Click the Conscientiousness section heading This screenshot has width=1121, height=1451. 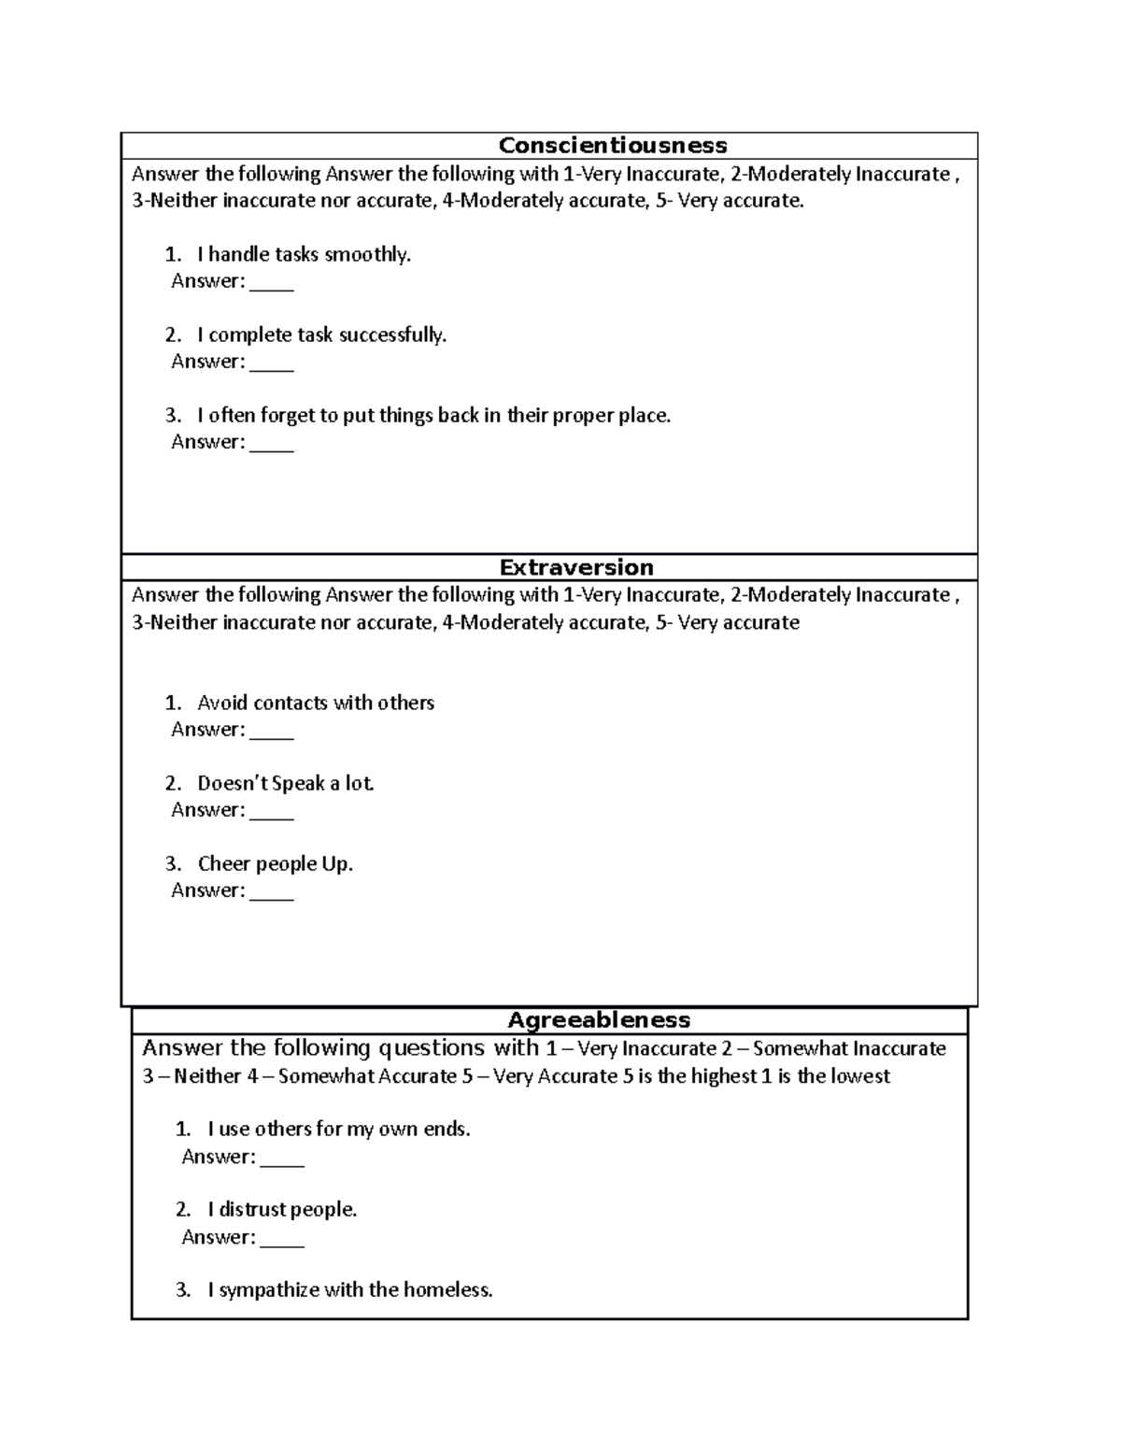coord(612,146)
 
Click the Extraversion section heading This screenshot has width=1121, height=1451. coord(575,568)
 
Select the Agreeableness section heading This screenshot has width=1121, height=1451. coord(598,1020)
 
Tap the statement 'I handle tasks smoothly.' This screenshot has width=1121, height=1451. coord(304,254)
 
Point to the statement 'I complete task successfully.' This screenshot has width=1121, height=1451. coord(321,334)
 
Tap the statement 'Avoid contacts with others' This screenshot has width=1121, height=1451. coord(316,703)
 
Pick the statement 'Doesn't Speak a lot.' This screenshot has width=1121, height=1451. coord(286,783)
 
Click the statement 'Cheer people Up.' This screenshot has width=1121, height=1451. coord(275,863)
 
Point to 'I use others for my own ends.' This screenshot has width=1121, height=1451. coord(338,1129)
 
